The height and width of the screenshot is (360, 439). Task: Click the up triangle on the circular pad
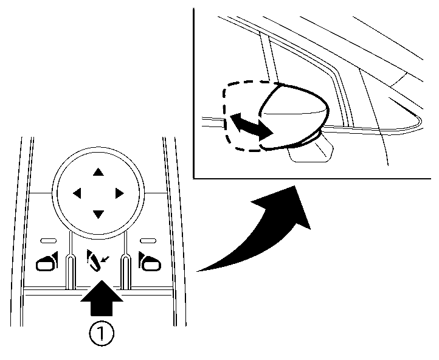pyautogui.click(x=97, y=172)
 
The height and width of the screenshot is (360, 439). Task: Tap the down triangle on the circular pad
pyautogui.click(x=97, y=213)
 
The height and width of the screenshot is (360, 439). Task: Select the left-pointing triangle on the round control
pyautogui.click(x=77, y=193)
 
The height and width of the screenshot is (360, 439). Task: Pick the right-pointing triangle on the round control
pyautogui.click(x=119, y=193)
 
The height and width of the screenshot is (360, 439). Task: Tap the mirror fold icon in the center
pyautogui.click(x=94, y=260)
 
